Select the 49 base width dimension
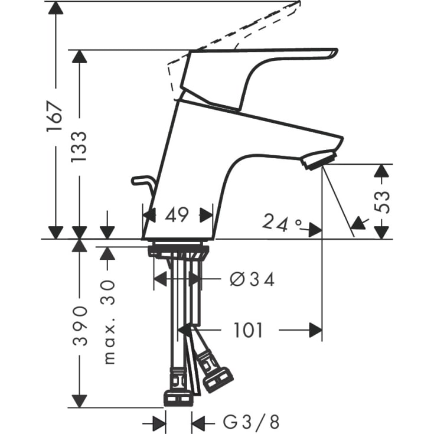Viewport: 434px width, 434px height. pyautogui.click(x=177, y=215)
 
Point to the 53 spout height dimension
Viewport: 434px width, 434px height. pyautogui.click(x=383, y=201)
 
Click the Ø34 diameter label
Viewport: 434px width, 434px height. pyautogui.click(x=252, y=279)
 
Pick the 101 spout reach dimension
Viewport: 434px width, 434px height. pyautogui.click(x=249, y=330)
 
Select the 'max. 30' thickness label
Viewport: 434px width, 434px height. pyautogui.click(x=108, y=321)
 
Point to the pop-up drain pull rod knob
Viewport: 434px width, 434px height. pyautogui.click(x=139, y=180)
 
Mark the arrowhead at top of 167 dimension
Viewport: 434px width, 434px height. pyautogui.click(x=56, y=8)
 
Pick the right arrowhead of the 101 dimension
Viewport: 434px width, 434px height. pyautogui.click(x=316, y=330)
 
